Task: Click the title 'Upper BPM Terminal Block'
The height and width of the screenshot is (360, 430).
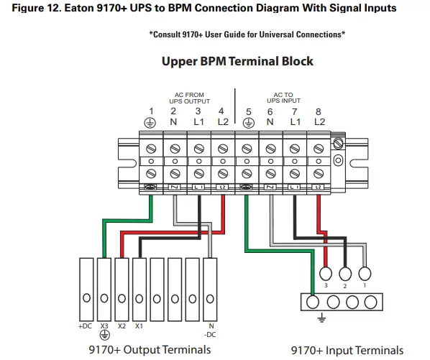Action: (237, 61)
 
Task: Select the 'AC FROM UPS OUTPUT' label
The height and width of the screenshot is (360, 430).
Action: (190, 98)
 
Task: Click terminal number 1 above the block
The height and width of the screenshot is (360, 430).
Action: (151, 111)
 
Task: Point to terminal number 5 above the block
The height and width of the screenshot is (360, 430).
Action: (248, 111)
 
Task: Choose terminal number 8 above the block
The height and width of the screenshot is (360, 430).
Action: (319, 111)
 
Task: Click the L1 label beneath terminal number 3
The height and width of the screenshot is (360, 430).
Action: (198, 122)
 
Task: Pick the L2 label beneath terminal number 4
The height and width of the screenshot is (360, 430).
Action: (221, 122)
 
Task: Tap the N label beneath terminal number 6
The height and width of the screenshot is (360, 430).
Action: (270, 122)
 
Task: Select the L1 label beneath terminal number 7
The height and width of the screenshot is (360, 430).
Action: (295, 122)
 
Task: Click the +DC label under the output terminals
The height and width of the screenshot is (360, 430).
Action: (85, 326)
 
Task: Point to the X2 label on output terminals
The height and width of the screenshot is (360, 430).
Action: (121, 326)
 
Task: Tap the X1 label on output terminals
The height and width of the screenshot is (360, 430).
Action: (139, 326)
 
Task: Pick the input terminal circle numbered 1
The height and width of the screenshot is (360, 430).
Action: (365, 273)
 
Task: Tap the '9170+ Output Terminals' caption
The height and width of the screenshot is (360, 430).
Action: (150, 349)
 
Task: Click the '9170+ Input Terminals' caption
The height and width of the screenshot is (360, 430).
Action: (344, 350)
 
